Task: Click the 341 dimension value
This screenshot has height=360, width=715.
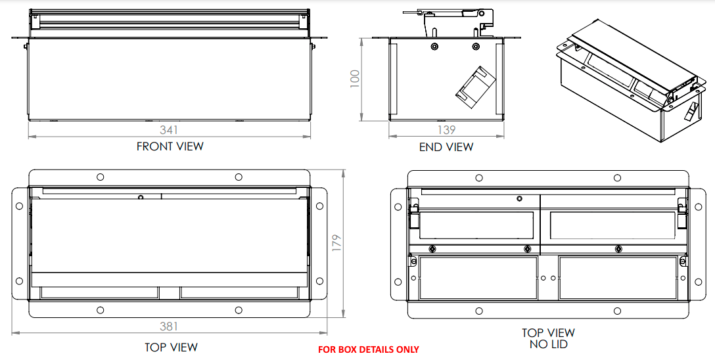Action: pos(169,130)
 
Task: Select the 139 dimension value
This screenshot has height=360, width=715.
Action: pos(446,130)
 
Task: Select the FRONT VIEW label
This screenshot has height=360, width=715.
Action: pos(170,146)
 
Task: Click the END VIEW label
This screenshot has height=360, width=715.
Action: pos(446,147)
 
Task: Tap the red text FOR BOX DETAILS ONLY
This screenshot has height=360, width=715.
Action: pos(368,349)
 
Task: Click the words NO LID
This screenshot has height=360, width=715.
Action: pos(548,344)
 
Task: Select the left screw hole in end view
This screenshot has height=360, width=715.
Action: pos(434,47)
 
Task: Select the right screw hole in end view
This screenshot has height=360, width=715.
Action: pos(476,47)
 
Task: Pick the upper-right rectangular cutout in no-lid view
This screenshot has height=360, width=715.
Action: pos(611,225)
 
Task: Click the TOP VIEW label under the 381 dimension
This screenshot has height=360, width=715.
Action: pos(171,347)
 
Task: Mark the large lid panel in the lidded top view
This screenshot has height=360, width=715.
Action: pos(169,235)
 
